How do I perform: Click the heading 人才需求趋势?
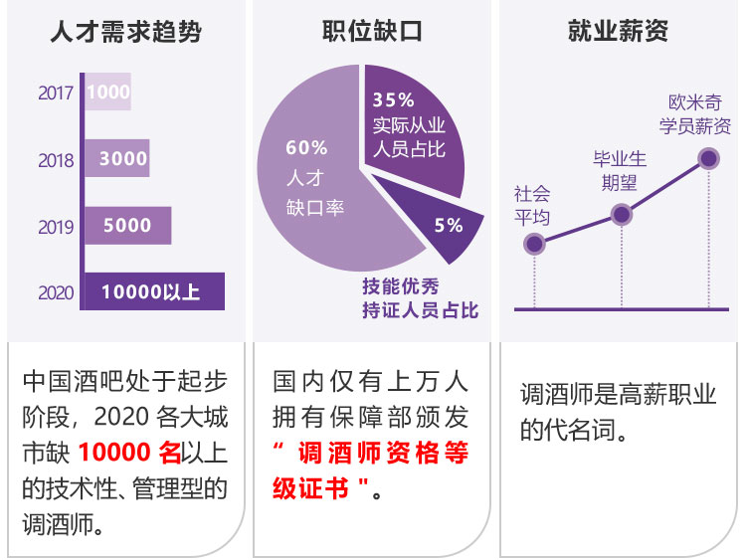pyautogui.click(x=125, y=33)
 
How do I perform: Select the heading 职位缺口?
pyautogui.click(x=372, y=31)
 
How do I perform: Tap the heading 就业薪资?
pyautogui.click(x=618, y=31)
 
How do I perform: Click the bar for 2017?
pyautogui.click(x=107, y=93)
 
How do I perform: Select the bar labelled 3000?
pyautogui.click(x=117, y=159)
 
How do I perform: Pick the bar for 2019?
pyautogui.click(x=127, y=226)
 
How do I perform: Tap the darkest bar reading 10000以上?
pyautogui.click(x=153, y=291)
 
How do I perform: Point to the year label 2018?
pyautogui.click(x=56, y=160)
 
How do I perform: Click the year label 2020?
pyautogui.click(x=56, y=292)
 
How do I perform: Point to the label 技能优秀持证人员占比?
pyautogui.click(x=420, y=298)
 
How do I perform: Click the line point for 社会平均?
pyautogui.click(x=534, y=243)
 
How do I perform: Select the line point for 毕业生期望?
pyautogui.click(x=621, y=214)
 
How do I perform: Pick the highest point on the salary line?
pyautogui.click(x=708, y=157)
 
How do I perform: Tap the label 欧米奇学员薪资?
pyautogui.click(x=698, y=114)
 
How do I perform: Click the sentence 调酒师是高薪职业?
pyautogui.click(x=617, y=395)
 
